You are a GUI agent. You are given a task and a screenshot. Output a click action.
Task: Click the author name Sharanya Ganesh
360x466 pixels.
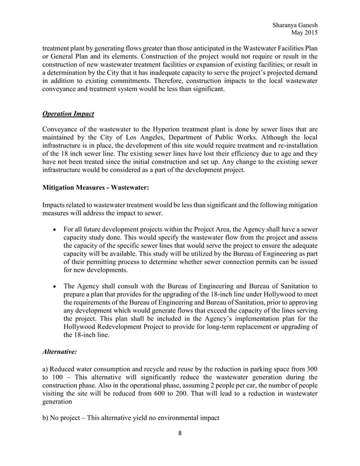295,25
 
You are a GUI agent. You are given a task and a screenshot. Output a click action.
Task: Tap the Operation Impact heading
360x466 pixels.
68,114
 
